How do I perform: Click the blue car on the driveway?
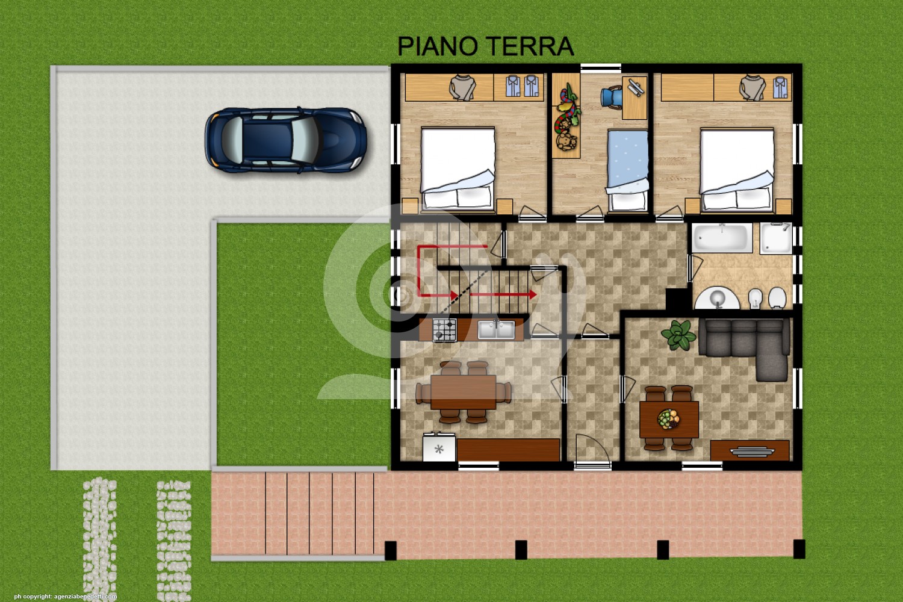point(285,140)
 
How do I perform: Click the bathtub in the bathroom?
point(722,238)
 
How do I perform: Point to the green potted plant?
point(679,335)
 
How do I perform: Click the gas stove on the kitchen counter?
point(445,330)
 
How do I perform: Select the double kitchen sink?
point(496,330)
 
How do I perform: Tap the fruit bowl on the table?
point(669,419)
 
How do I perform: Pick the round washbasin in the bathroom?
point(718,299)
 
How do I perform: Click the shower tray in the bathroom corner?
point(776,238)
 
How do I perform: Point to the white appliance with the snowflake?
point(439,448)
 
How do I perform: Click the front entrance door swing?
point(592,450)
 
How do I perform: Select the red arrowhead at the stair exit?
point(533,294)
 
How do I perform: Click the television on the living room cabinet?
point(752,452)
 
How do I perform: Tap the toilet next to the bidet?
point(777,298)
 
